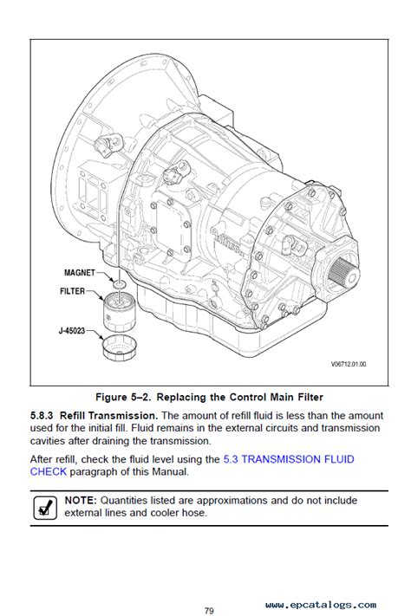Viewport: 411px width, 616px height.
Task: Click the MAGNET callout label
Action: coord(80,273)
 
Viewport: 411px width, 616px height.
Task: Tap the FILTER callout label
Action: coord(72,291)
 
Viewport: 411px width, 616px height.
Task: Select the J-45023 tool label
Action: coord(72,330)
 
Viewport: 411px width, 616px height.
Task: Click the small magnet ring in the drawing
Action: coord(119,282)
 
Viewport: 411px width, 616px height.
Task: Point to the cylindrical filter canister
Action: coord(119,312)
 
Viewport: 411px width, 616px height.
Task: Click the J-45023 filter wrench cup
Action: coord(119,347)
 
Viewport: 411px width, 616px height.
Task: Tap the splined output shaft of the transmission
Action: coord(343,274)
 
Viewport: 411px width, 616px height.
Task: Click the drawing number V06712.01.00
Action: coord(349,364)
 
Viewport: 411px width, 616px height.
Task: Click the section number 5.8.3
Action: coord(42,416)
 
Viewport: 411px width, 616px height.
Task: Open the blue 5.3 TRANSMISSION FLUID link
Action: coord(289,459)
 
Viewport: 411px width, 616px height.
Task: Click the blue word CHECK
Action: coord(49,471)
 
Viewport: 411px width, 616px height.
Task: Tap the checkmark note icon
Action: coord(45,508)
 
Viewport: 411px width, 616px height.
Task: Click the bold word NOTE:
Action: coord(81,501)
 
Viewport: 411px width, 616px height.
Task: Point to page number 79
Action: coord(209,611)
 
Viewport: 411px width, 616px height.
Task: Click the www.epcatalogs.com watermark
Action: coord(321,605)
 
